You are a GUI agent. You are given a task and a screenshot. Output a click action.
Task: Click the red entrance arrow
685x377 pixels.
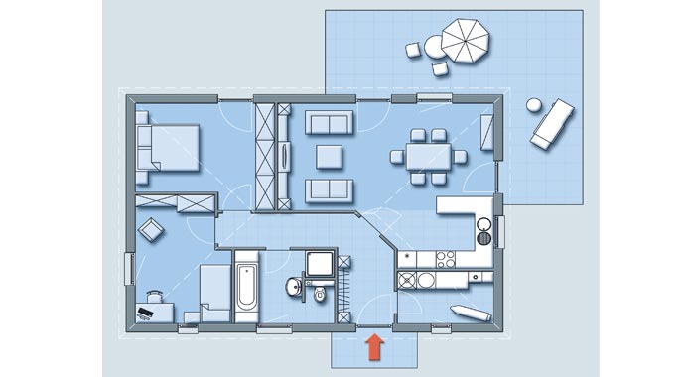point(374,346)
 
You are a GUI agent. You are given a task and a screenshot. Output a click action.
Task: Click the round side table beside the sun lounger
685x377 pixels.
point(534,104)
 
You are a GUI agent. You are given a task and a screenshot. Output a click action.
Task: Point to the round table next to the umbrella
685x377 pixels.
point(434,46)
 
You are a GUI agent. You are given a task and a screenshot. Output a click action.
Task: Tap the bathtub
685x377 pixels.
point(246,287)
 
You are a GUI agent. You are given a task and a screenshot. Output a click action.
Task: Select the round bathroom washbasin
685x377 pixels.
point(294,288)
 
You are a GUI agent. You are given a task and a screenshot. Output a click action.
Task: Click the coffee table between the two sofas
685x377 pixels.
point(328,156)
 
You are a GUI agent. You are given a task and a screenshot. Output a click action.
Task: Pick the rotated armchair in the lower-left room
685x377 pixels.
point(152,230)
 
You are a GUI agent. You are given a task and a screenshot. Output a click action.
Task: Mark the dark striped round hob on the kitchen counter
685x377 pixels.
point(482,236)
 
